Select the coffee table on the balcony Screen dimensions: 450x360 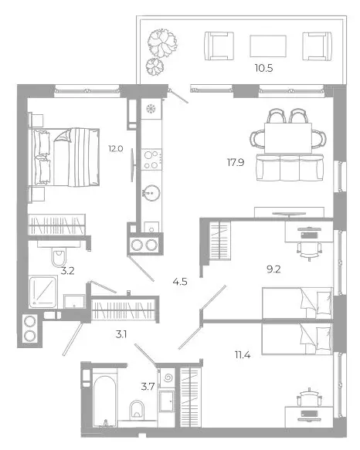268,46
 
